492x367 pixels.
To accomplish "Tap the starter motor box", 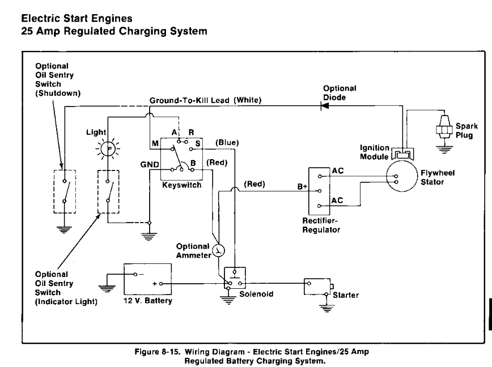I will click(316, 286).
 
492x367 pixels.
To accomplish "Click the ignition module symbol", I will click(404, 153).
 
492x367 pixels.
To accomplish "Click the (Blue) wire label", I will click(227, 142).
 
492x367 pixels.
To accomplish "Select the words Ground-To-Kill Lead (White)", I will click(205, 100).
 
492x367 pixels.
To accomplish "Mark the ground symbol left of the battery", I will click(107, 278).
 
